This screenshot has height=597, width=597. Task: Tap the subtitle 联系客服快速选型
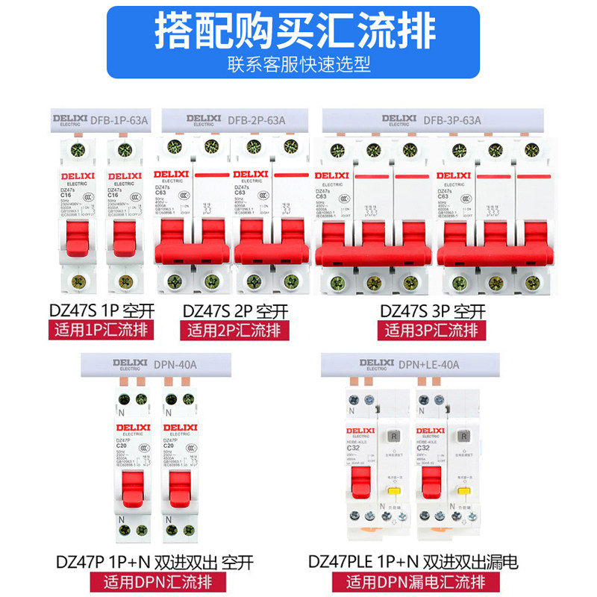click(x=298, y=64)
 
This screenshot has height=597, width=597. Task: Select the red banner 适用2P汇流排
click(x=237, y=330)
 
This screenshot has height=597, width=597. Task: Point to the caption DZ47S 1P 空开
click(x=96, y=310)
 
